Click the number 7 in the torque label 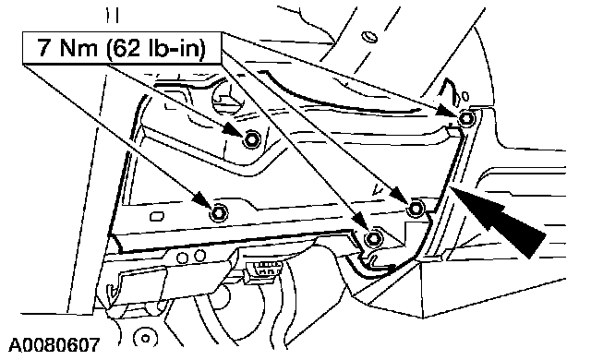click(x=43, y=47)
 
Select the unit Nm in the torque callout click(x=78, y=48)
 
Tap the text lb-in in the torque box click(x=176, y=48)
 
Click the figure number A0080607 click(x=54, y=343)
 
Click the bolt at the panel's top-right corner click(x=467, y=119)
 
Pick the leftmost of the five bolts click(x=219, y=213)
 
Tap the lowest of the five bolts click(x=373, y=238)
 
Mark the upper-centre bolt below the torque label click(x=251, y=139)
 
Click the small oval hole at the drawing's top click(x=369, y=37)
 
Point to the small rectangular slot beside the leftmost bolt click(x=157, y=217)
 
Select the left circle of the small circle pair click(x=183, y=258)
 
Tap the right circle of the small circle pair click(x=199, y=256)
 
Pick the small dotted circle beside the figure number click(x=145, y=338)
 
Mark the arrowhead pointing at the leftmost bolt click(x=203, y=200)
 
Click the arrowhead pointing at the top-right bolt click(x=450, y=111)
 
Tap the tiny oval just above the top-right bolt click(x=465, y=97)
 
